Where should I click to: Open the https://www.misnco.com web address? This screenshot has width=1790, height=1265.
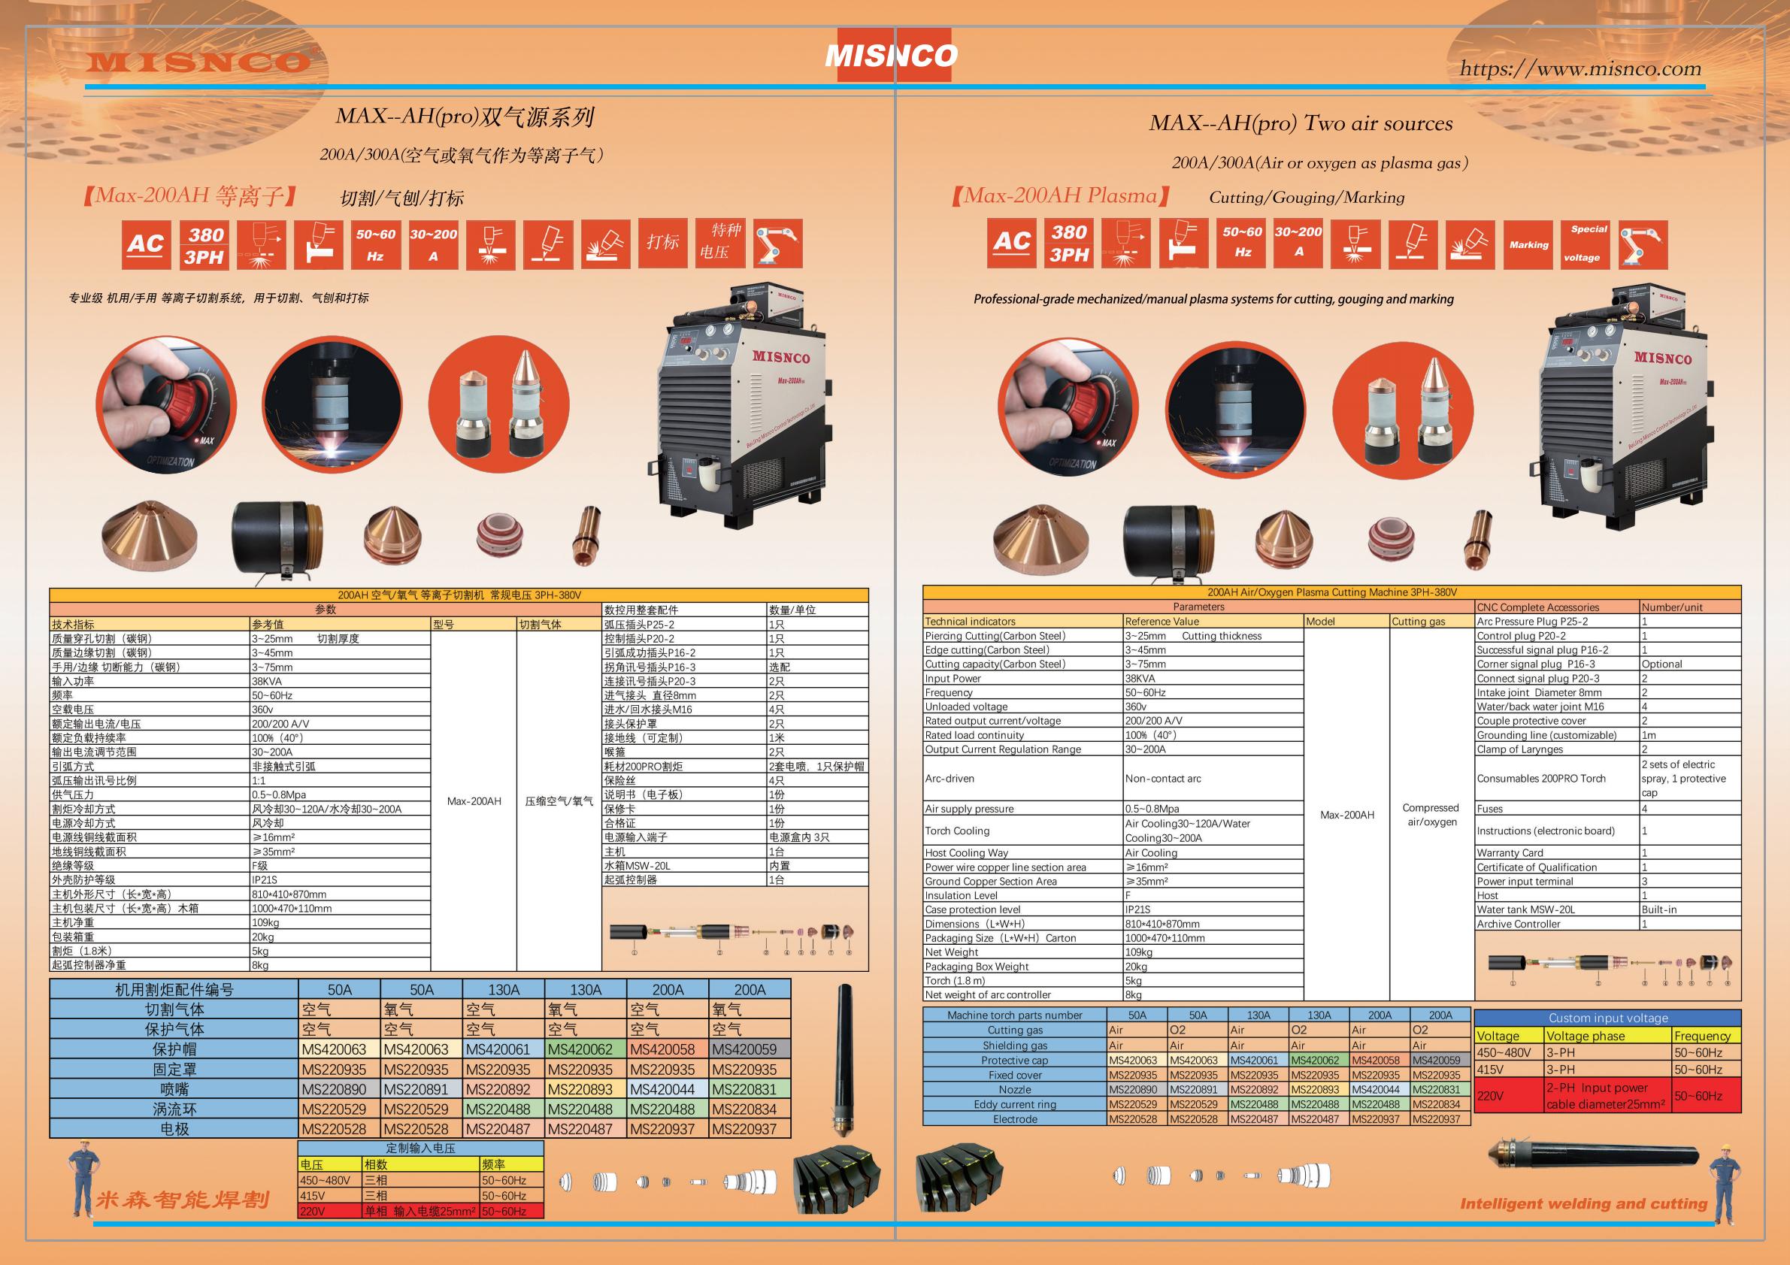tap(1580, 68)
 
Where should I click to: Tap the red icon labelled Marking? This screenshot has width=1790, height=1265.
tap(1529, 245)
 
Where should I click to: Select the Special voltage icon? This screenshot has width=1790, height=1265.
tap(1589, 244)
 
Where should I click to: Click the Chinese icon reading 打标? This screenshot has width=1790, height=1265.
tap(662, 242)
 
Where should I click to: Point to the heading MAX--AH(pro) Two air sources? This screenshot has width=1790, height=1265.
tap(1301, 123)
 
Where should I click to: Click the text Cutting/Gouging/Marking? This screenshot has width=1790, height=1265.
tap(1307, 197)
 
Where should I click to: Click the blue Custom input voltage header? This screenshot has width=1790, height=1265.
tap(1607, 1018)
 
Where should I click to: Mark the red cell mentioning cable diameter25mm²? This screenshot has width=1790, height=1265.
tap(1607, 1096)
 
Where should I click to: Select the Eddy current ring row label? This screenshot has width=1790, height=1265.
tap(1015, 1104)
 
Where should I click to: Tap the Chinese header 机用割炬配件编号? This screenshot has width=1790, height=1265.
tap(174, 990)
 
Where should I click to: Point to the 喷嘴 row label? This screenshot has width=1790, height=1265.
tap(174, 1089)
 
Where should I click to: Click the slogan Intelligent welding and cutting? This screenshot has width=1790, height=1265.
tap(1583, 1203)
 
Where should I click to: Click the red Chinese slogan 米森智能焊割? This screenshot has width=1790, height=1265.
tap(183, 1200)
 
